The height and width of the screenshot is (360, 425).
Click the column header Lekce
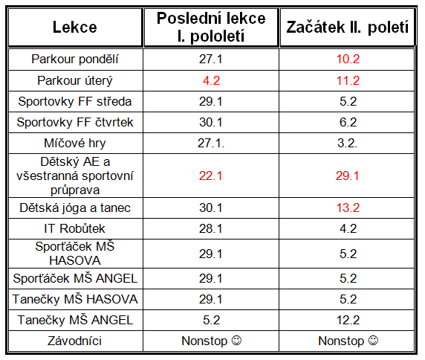pos(75,27)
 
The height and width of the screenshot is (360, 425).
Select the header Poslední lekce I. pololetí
pos(211,27)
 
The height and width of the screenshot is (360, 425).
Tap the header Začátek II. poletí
pos(348,28)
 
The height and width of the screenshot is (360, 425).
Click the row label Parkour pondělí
pos(75,60)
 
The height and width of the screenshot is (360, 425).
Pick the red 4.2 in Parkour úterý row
pos(211,80)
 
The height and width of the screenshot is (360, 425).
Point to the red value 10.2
pos(348,60)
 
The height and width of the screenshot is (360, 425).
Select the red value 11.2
pos(348,80)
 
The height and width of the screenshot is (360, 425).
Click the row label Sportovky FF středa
pos(75,101)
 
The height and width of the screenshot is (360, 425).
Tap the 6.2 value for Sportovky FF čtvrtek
pos(348,122)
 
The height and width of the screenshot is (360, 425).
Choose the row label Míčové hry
pos(75,144)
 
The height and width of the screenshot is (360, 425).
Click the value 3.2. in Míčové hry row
pos(348,144)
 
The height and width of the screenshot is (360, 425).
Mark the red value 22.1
pos(210,176)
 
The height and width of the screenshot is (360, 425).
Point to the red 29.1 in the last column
pos(347,176)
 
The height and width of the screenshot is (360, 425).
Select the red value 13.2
pos(348,208)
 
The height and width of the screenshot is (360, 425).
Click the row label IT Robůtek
pos(74,228)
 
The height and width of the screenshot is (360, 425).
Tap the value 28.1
pos(210,228)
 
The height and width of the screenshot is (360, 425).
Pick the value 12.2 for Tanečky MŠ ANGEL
pos(348,320)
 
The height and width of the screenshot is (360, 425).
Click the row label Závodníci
pos(75,341)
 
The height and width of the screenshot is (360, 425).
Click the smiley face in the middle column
pos(236,341)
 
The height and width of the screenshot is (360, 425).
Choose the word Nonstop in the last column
pos(341,341)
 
